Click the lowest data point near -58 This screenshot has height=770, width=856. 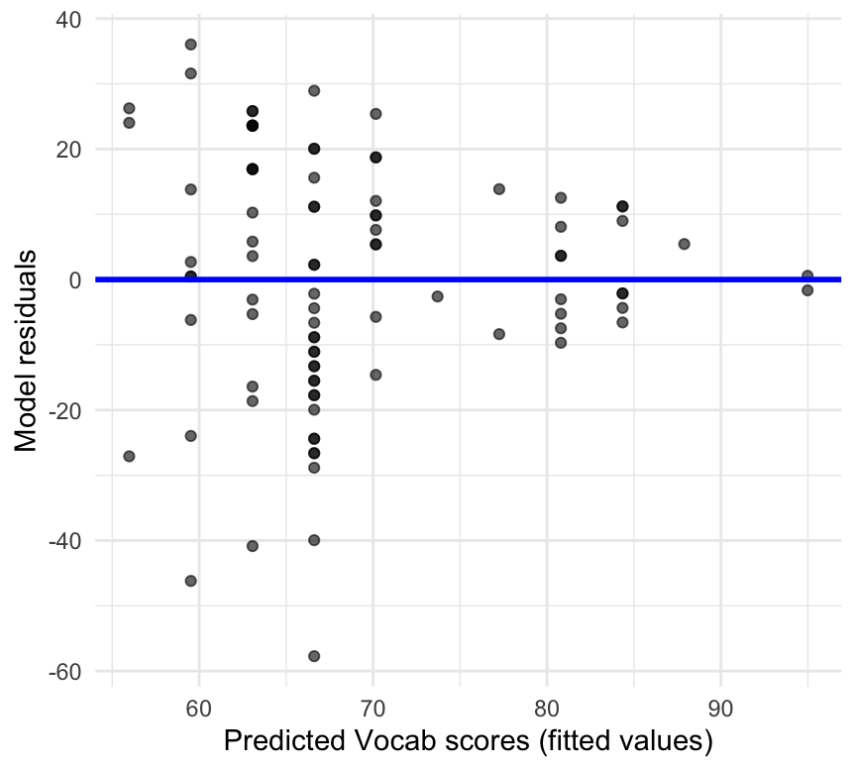314,656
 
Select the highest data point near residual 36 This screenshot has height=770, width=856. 190,45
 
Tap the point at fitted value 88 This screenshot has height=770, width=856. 684,244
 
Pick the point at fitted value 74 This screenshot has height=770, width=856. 437,296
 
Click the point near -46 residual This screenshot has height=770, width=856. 190,581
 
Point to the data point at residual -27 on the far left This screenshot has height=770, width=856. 129,456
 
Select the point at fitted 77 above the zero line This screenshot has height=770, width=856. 499,189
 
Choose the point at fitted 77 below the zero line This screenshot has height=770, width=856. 499,334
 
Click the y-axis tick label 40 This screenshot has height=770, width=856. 68,19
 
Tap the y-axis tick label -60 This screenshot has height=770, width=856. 64,671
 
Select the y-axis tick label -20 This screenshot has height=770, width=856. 64,410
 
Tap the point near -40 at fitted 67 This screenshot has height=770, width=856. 314,540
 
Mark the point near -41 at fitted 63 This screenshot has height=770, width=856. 253,546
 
